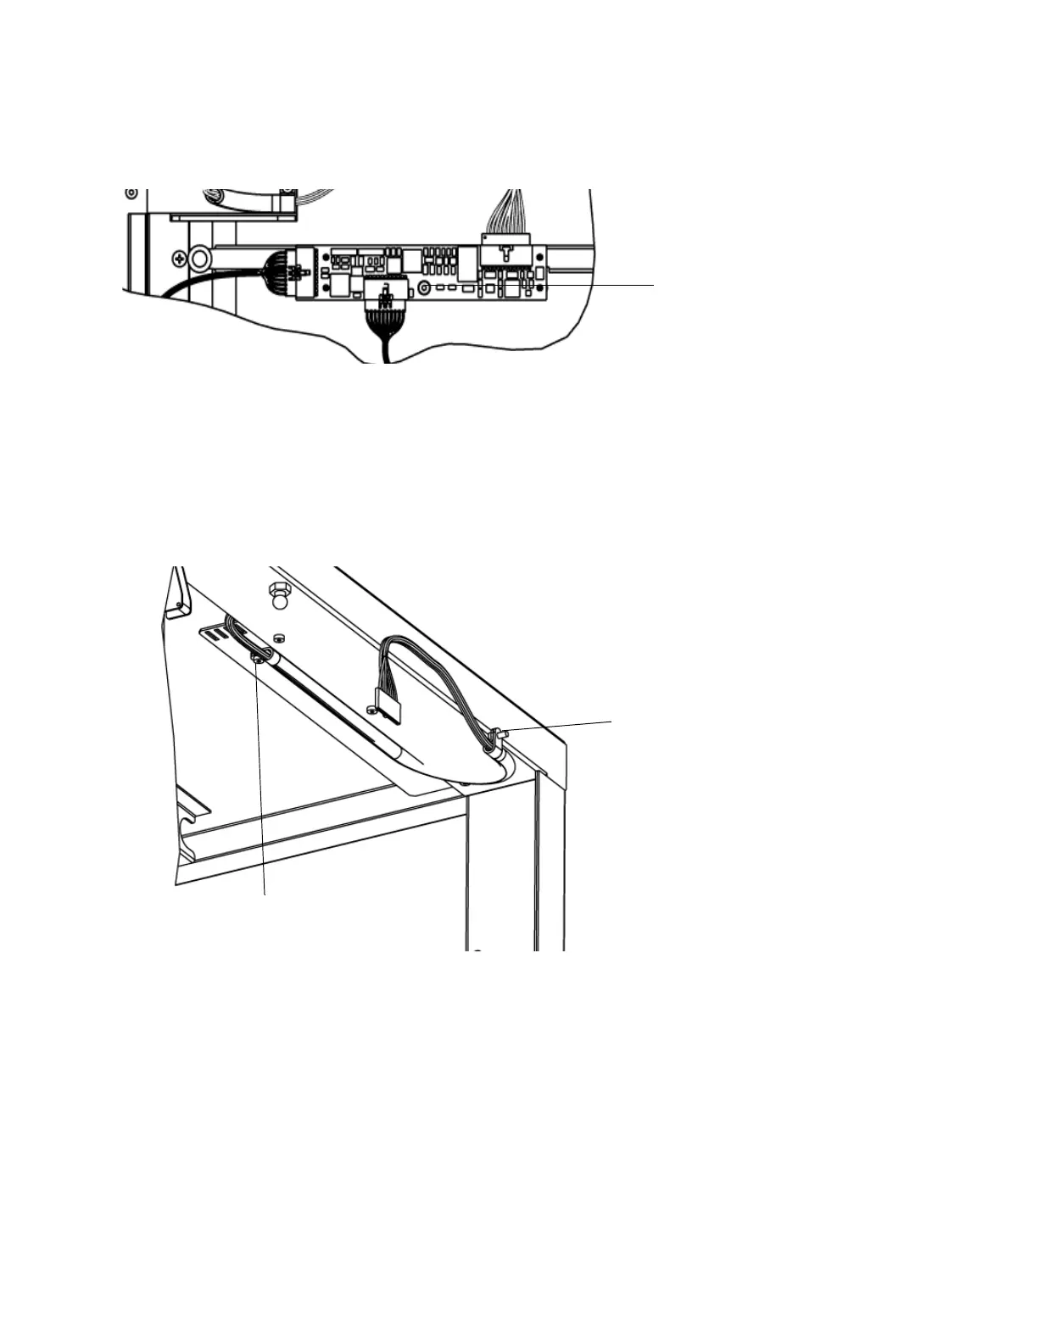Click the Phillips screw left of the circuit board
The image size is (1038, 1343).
pos(179,256)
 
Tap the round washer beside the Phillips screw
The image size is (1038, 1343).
pos(201,256)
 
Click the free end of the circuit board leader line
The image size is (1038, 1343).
pos(654,286)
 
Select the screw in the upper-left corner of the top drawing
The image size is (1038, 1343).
pos(131,193)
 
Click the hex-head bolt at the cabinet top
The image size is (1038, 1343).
pos(276,590)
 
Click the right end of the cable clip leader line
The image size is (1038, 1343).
pos(611,721)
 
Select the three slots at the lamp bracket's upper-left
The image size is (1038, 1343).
pos(215,632)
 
